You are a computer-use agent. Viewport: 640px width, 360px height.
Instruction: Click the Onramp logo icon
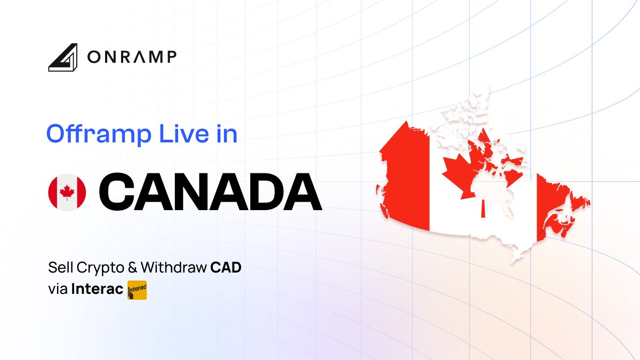(63, 58)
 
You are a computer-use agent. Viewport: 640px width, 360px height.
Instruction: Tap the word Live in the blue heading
(179, 134)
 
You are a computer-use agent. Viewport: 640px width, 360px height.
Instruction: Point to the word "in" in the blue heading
(226, 134)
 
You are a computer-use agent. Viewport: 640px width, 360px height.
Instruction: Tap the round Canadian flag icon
(67, 192)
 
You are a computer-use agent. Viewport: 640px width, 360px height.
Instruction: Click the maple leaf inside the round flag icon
(67, 192)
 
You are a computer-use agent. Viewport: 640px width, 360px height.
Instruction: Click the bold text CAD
(226, 267)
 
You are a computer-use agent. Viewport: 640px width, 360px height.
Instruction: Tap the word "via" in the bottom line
(58, 291)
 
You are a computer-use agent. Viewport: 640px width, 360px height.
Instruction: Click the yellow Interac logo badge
(137, 291)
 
